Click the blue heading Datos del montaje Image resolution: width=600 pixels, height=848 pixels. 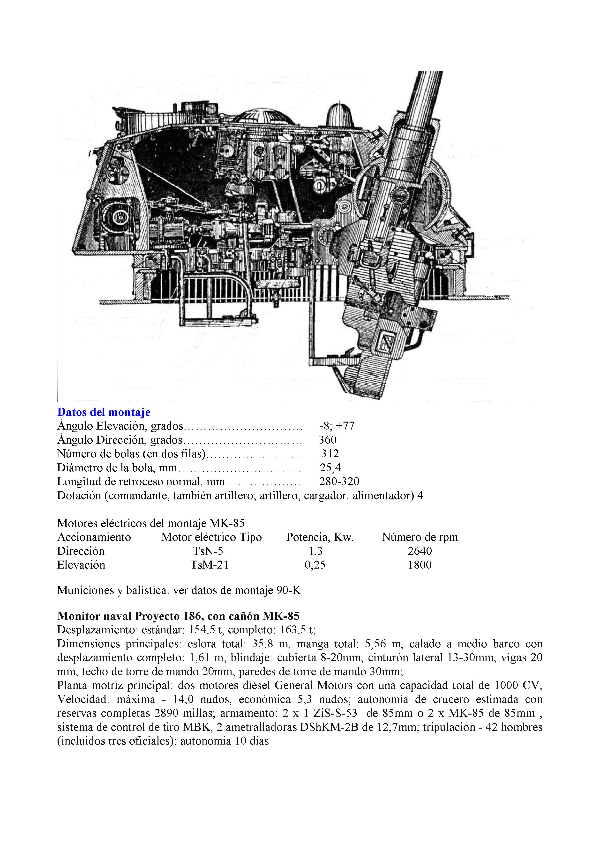pyautogui.click(x=104, y=412)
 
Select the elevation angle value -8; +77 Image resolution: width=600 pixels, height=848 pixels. pyautogui.click(x=337, y=426)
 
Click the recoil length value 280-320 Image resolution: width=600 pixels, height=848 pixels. pyautogui.click(x=339, y=482)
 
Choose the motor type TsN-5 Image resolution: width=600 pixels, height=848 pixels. pyautogui.click(x=208, y=551)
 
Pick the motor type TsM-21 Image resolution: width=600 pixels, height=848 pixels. pyautogui.click(x=209, y=565)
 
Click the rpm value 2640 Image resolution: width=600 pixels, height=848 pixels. pyautogui.click(x=420, y=551)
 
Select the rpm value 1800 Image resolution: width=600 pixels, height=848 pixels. pyautogui.click(x=420, y=565)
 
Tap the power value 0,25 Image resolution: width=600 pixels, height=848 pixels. pyautogui.click(x=315, y=565)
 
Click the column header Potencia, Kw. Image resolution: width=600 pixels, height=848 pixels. pyautogui.click(x=320, y=537)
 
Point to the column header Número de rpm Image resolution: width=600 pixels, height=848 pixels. pyautogui.click(x=420, y=537)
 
